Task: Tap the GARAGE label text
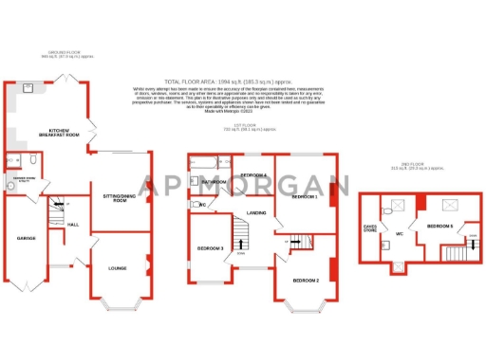point(26,238)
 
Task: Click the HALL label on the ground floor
point(72,225)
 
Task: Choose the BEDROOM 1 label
point(305,196)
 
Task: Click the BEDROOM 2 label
point(306,282)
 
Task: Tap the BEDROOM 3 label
point(210,248)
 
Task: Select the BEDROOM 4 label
point(253,176)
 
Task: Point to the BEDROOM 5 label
point(439,227)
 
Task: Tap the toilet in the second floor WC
point(387,212)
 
